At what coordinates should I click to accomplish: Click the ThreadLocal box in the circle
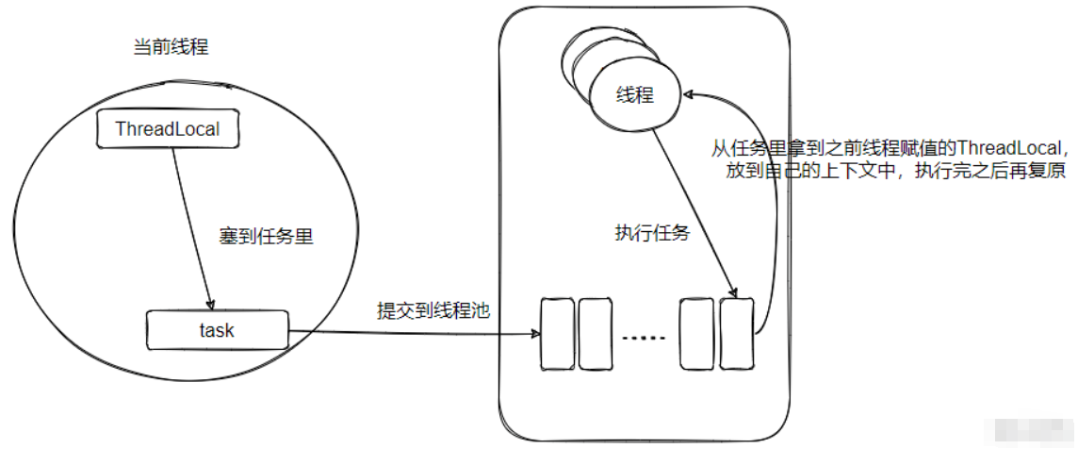tap(168, 129)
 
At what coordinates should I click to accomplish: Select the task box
tap(217, 330)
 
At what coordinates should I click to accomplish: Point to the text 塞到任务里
tap(266, 236)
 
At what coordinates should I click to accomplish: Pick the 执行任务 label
tap(646, 234)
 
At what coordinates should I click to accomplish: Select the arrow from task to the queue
tap(415, 332)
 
